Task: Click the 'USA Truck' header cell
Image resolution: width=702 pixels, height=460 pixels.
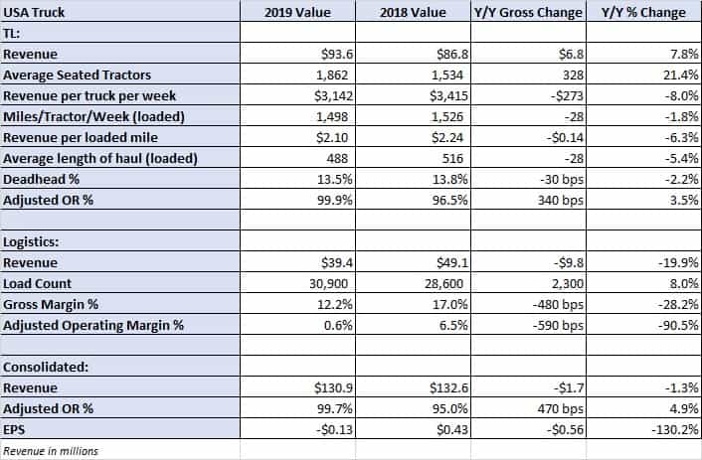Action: [x=34, y=12]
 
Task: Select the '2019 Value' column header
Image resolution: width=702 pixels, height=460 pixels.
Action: [x=297, y=12]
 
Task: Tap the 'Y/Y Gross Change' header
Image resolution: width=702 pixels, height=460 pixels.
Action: [x=528, y=12]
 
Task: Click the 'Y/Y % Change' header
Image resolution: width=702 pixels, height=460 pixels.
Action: [x=643, y=12]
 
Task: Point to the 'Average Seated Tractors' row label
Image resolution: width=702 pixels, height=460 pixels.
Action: [x=77, y=75]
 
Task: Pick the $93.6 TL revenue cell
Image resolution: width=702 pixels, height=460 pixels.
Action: [x=337, y=54]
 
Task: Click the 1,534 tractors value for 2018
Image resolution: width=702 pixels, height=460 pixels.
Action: [x=447, y=75]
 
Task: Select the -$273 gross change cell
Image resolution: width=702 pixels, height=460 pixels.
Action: [x=567, y=95]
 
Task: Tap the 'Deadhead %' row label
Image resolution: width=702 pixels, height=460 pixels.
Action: [x=41, y=180]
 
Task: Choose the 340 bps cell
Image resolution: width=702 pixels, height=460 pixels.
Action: [x=561, y=200]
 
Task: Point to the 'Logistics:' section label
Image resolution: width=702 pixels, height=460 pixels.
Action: [x=31, y=241]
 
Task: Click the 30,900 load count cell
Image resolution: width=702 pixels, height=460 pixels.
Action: [x=328, y=284]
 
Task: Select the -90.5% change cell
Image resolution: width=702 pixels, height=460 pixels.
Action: [x=678, y=325]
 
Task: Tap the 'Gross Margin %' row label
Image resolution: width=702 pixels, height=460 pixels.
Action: [x=51, y=304]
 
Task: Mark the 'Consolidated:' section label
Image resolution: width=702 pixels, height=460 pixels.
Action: [x=46, y=367]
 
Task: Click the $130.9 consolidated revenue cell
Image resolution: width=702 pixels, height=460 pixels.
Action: [x=333, y=387]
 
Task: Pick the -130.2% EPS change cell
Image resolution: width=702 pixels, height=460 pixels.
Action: [x=675, y=429]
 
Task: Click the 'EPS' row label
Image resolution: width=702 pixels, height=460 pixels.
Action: [x=14, y=429]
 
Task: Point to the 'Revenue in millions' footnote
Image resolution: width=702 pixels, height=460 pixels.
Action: [x=51, y=451]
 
